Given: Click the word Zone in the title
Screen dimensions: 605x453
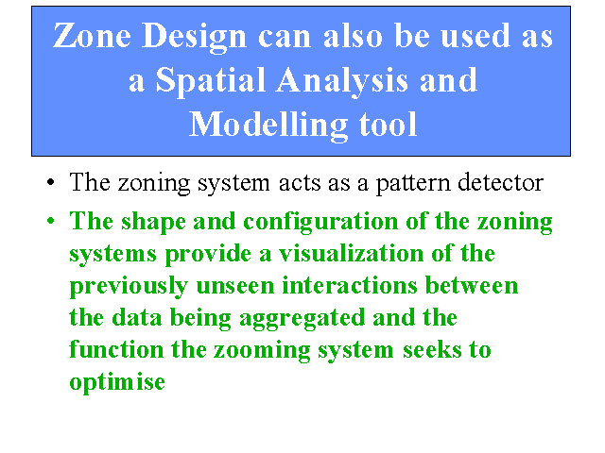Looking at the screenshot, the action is pyautogui.click(x=92, y=35).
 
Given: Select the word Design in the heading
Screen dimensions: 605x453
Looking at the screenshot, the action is pyautogui.click(x=194, y=38).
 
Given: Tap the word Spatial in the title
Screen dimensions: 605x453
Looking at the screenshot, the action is pyautogui.click(x=211, y=81).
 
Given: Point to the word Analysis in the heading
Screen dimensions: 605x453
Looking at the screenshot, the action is pyautogui.click(x=342, y=81).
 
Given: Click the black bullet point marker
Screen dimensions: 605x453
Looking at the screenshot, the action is pyautogui.click(x=50, y=182).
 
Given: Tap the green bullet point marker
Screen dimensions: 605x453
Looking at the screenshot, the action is pyautogui.click(x=50, y=221).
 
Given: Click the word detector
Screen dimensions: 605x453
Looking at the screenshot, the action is pyautogui.click(x=500, y=182).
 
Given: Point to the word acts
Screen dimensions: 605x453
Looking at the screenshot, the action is pyautogui.click(x=300, y=182).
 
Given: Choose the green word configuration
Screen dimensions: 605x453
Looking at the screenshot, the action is pyautogui.click(x=320, y=223).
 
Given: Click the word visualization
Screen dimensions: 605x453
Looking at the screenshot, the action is pyautogui.click(x=351, y=253).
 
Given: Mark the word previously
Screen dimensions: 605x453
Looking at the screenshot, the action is pyautogui.click(x=129, y=287).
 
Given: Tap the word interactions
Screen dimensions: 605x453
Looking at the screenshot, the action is pyautogui.click(x=350, y=285).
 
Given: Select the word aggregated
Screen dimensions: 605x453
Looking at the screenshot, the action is pyautogui.click(x=302, y=319).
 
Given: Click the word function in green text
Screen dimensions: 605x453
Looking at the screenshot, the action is pyautogui.click(x=116, y=349).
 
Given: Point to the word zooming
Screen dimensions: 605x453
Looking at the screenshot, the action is pyautogui.click(x=262, y=351).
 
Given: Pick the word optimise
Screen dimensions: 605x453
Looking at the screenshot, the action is pyautogui.click(x=117, y=383).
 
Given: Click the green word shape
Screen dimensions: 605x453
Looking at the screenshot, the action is pyautogui.click(x=153, y=223).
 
